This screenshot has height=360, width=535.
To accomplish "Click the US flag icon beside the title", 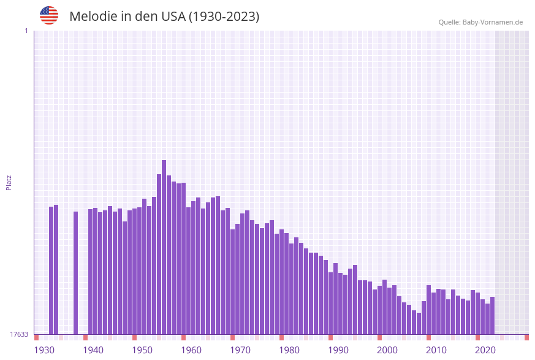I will (49, 15).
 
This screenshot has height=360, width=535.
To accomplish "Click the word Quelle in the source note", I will (449, 22).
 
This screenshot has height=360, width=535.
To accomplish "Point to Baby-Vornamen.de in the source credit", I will (493, 22).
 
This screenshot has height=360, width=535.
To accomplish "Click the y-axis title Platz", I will (9, 182).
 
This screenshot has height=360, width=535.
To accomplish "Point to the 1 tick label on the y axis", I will (26, 31).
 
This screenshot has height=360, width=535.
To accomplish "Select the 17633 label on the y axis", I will (19, 334).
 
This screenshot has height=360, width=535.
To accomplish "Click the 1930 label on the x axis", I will (44, 350).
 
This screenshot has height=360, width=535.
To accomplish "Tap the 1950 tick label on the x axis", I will (142, 350).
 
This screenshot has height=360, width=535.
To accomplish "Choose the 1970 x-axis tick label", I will (240, 350).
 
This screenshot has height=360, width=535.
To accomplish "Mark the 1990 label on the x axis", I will (338, 350).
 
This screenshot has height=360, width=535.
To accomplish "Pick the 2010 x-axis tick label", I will (436, 350).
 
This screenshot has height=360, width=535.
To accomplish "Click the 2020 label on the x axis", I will (485, 350).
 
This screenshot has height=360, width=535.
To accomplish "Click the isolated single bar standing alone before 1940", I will (76, 273).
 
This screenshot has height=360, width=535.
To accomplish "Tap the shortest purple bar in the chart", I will (419, 323).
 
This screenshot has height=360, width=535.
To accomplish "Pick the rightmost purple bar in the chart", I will (492, 315).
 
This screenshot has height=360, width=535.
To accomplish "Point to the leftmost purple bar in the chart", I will (51, 270).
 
